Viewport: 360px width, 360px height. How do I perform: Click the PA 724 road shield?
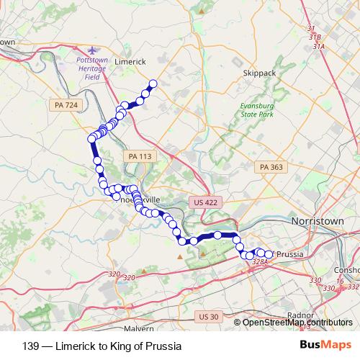coord(66,105)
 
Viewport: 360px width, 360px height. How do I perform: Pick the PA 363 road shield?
coord(271,167)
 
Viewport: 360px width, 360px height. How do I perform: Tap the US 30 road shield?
coord(209,317)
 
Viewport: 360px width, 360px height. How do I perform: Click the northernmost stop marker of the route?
coord(153,83)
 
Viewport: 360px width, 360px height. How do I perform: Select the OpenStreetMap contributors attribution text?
coord(297,322)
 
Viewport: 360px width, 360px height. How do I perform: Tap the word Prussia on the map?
coord(291,254)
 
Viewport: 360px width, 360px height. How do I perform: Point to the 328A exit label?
coord(260,263)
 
